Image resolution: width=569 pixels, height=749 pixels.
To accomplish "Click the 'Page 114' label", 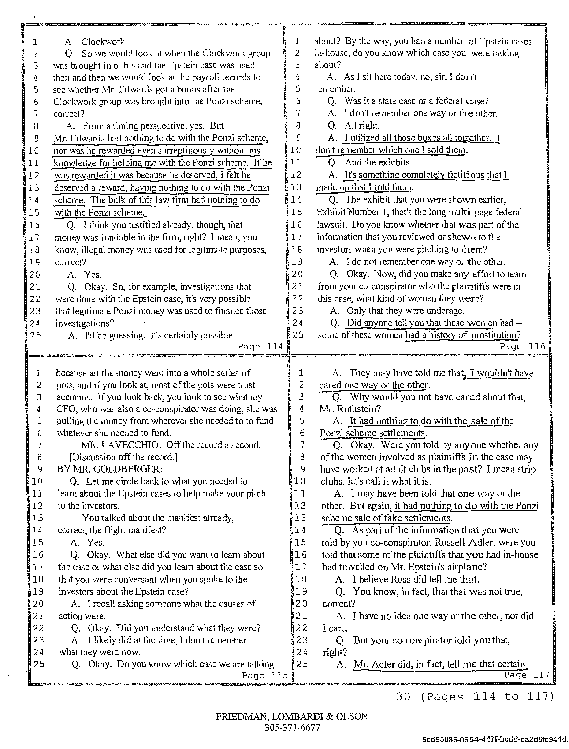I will pyautogui.click(x=260, y=346).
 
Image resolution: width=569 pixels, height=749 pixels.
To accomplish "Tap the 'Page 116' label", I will pyautogui.click(x=522, y=346).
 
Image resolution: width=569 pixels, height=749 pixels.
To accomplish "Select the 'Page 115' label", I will pyautogui.click(x=265, y=675).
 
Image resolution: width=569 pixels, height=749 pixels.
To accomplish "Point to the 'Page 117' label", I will pyautogui.click(x=526, y=675).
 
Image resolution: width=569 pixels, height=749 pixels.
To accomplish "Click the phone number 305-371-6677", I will pyautogui.click(x=292, y=727).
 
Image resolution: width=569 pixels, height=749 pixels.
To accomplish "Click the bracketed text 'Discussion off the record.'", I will pyautogui.click(x=124, y=457).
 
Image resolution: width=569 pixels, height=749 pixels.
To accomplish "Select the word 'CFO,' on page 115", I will pyautogui.click(x=67, y=409).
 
